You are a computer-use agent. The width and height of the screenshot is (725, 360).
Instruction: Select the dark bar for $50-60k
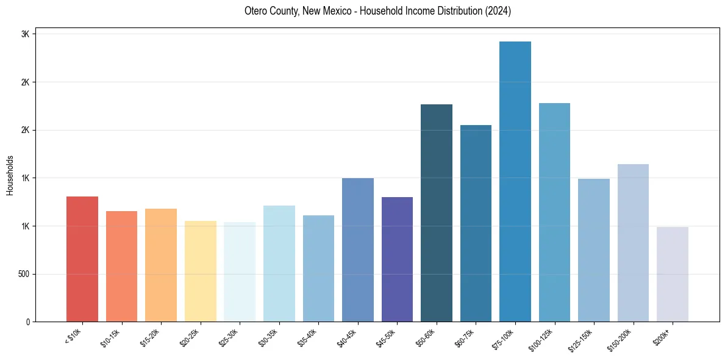point(437,213)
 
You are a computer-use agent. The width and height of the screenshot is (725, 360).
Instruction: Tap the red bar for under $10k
point(82,259)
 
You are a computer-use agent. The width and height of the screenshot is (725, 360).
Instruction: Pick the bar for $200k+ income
point(673,274)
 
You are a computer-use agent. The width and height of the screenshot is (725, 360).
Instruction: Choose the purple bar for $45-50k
point(397,259)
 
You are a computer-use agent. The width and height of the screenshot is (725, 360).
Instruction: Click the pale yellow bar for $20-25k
point(201,271)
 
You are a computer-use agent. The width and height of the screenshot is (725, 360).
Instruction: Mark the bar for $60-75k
point(476,223)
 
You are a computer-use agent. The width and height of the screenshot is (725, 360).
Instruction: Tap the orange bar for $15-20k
point(161,265)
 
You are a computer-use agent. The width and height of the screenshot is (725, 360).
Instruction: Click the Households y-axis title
point(10,175)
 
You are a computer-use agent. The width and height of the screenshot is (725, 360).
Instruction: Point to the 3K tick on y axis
point(26,34)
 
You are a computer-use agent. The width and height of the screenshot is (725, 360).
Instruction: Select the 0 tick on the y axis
point(28,322)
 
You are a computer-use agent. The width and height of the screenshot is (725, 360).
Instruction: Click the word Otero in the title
point(257,11)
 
